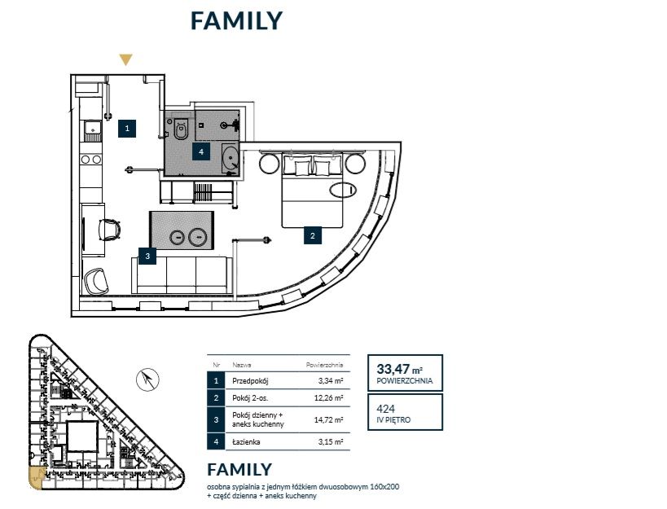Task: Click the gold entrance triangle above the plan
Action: click(125, 59)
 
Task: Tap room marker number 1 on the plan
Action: click(127, 128)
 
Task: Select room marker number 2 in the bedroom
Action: click(313, 235)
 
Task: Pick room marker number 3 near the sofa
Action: click(147, 256)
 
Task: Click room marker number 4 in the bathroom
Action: click(201, 151)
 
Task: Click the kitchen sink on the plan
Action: click(92, 128)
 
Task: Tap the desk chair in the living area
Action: click(110, 230)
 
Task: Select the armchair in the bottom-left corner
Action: click(97, 281)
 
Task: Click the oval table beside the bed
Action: click(343, 190)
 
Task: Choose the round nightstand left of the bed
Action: click(270, 164)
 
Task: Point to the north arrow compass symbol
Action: click(147, 380)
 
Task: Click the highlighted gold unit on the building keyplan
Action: click(36, 478)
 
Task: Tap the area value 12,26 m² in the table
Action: click(328, 398)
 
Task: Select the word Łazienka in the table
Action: click(246, 442)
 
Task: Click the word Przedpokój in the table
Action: click(250, 381)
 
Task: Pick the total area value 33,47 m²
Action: click(399, 368)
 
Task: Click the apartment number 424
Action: click(386, 409)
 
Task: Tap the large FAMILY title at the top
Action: click(236, 20)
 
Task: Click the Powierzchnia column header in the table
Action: click(325, 365)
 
